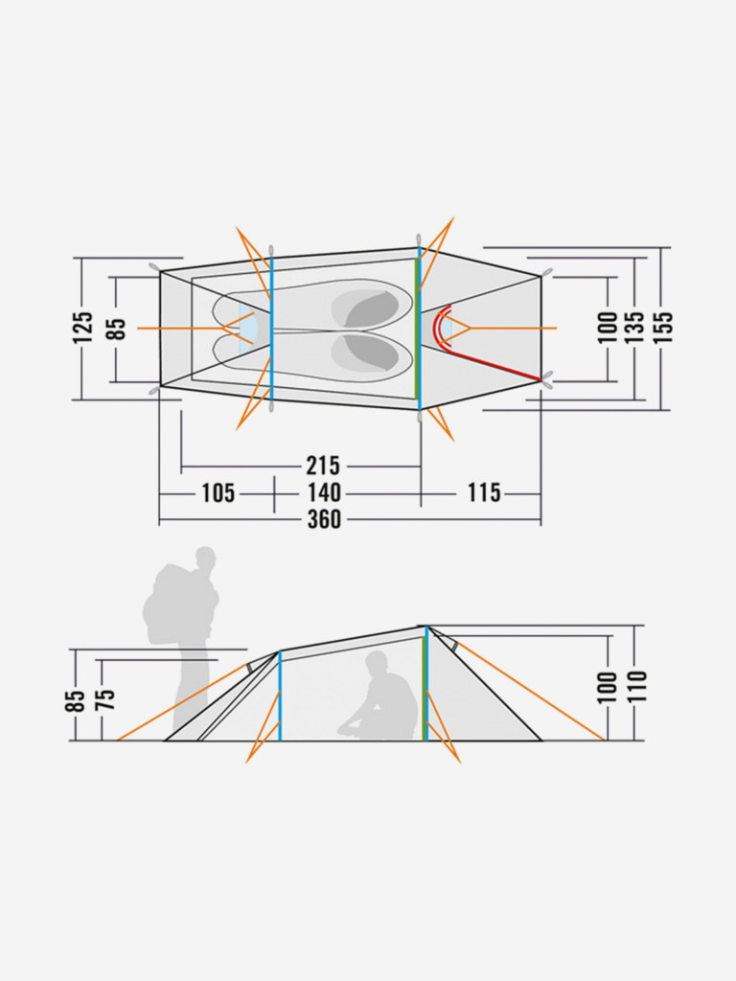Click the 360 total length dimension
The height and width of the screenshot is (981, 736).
click(x=324, y=519)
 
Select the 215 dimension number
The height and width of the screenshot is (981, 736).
click(x=323, y=467)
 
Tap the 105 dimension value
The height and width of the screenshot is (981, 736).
click(x=218, y=493)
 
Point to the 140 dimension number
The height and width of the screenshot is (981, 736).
click(x=324, y=493)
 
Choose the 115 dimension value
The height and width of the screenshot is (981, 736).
click(x=484, y=493)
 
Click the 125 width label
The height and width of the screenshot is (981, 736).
click(x=83, y=328)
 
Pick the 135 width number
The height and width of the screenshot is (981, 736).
click(x=634, y=327)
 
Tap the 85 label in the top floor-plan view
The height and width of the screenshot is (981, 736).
click(x=117, y=329)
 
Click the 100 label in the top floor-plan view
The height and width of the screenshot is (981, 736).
click(x=607, y=328)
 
